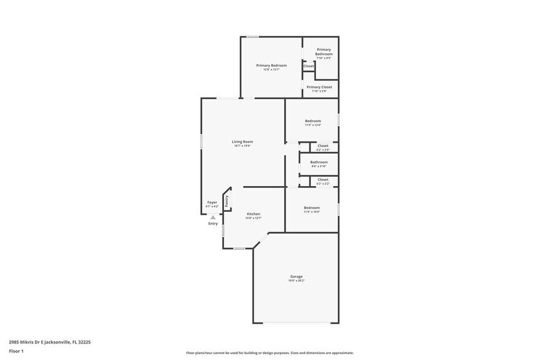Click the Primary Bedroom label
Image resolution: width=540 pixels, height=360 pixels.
[x=271, y=65]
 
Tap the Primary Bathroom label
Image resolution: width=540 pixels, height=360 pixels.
[x=323, y=51]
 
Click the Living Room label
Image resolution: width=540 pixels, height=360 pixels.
[x=242, y=141]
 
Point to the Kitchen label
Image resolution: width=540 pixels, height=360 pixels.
[x=253, y=214]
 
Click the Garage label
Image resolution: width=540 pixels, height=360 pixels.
[x=296, y=276]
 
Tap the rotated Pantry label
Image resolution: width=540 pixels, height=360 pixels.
[x=227, y=201]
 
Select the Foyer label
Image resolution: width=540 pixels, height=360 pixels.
[x=212, y=202]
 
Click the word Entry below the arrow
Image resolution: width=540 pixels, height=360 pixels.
[x=212, y=223]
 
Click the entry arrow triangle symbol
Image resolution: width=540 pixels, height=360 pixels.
[x=212, y=217]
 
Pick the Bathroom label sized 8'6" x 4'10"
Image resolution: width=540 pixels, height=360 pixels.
[x=318, y=162]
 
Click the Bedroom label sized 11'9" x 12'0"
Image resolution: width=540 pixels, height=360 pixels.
[x=313, y=121]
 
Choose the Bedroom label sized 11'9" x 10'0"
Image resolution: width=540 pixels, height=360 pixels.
[x=312, y=208]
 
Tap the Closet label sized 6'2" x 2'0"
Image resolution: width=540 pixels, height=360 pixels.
[x=323, y=146]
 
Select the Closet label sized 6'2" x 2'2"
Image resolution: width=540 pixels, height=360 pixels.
[x=323, y=179]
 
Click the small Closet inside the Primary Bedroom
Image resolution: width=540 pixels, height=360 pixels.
[x=309, y=66]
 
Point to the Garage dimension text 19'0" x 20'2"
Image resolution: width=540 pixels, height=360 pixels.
[x=296, y=280]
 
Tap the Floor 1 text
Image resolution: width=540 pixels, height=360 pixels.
[x=16, y=351]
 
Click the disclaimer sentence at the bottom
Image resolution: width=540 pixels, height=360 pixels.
[x=270, y=353]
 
